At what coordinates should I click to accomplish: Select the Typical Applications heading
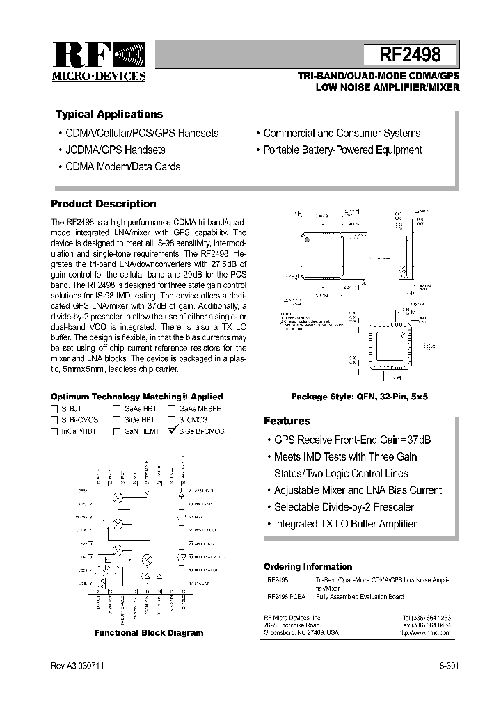[109, 115]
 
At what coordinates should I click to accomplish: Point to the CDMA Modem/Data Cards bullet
[122, 166]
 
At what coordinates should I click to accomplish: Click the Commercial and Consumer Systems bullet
[342, 133]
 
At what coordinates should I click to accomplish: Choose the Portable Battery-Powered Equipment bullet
[342, 150]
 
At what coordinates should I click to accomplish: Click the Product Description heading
[104, 204]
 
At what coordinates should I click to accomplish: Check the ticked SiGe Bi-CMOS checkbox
[172, 431]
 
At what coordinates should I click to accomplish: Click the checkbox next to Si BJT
[54, 409]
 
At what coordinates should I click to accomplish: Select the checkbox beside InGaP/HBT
[54, 431]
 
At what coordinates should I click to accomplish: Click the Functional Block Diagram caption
[149, 633]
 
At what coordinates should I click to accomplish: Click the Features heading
[287, 421]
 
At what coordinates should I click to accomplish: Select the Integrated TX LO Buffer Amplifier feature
[345, 524]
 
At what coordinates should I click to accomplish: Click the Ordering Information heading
[308, 567]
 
